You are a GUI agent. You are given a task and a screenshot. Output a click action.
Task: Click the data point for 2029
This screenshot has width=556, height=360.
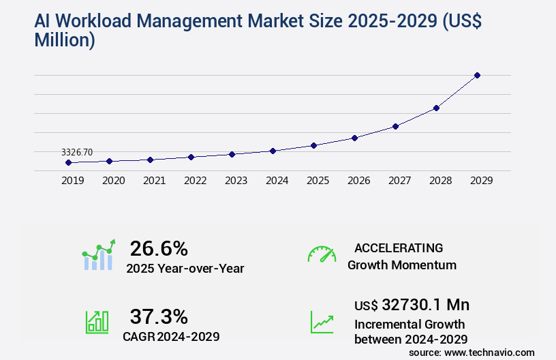[x=477, y=75]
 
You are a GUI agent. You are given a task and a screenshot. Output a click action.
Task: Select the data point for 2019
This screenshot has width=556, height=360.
[x=68, y=162]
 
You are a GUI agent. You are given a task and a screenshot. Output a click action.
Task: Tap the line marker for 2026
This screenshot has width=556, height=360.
[x=354, y=138]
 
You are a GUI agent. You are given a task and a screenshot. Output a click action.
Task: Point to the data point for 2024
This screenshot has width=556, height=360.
[x=273, y=151]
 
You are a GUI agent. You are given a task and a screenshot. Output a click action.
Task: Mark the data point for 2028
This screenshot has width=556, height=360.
[x=436, y=108]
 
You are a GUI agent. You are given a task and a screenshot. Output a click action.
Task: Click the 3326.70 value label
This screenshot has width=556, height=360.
[x=77, y=152]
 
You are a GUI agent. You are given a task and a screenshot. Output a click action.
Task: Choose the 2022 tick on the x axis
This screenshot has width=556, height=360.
[x=195, y=181]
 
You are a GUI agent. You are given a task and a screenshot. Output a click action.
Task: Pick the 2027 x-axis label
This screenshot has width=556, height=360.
[x=399, y=181]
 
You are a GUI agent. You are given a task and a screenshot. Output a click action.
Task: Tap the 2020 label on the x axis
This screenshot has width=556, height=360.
[x=113, y=181]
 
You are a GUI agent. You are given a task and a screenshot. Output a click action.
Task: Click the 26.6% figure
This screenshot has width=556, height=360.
[x=159, y=248]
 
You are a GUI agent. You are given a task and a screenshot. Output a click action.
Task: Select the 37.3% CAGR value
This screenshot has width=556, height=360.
[x=159, y=316]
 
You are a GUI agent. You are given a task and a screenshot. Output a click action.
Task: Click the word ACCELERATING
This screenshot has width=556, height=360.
[x=399, y=247]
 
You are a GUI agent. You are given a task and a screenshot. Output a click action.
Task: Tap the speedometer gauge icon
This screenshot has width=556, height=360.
[x=322, y=254]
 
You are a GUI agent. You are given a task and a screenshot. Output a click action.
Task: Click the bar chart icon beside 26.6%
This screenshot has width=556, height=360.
[x=99, y=255]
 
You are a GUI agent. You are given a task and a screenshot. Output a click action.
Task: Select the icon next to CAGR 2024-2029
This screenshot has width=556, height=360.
[x=97, y=322]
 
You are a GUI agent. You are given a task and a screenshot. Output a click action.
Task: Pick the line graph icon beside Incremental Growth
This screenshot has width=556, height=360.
[x=322, y=322]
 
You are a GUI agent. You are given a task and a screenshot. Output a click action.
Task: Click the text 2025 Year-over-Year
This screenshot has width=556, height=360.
[x=185, y=268]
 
